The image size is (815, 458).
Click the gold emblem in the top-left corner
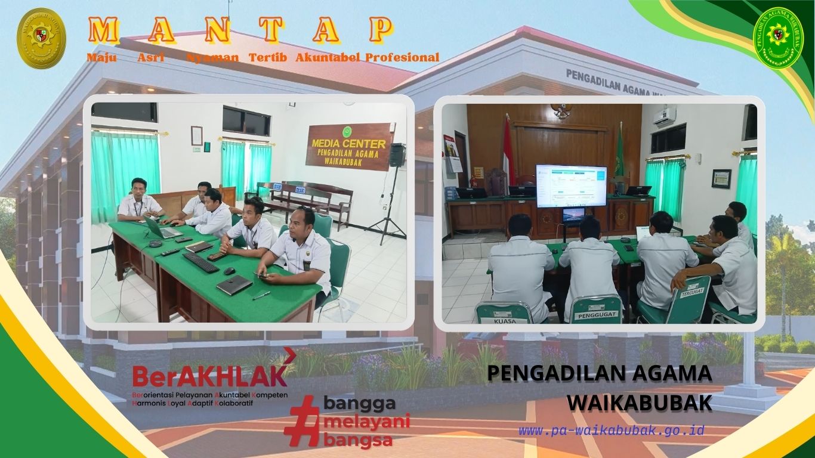click(41, 38)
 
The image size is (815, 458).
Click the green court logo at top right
click(779, 38)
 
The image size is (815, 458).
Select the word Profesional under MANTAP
click(403, 58)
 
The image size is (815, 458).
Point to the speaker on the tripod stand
click(397, 155)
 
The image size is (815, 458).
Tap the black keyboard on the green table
click(201, 262)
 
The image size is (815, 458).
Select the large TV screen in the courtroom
click(571, 185)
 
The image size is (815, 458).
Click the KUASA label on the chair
click(504, 320)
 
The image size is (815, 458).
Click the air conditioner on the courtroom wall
click(663, 116)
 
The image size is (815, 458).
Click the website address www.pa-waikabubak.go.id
click(611, 430)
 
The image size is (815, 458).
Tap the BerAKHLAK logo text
click(209, 376)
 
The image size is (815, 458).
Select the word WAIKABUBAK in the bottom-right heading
click(639, 403)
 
